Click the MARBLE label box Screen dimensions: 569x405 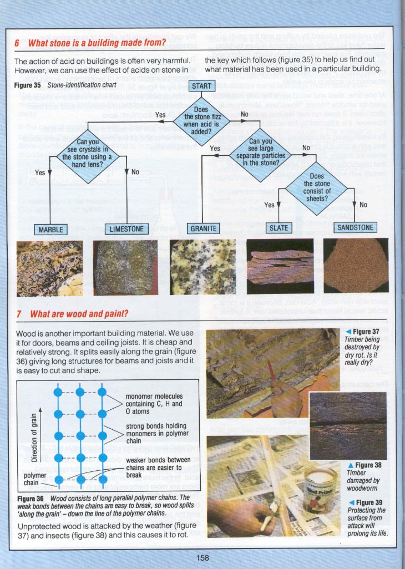click(50, 229)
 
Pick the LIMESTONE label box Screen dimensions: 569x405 click(126, 229)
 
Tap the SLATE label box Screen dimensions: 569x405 click(280, 228)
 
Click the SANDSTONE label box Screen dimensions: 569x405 click(356, 228)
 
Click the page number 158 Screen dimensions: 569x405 click(202, 557)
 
